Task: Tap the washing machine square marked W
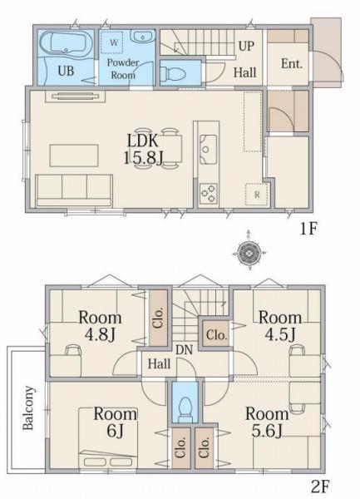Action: point(114,42)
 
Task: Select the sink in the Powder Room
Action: point(142,37)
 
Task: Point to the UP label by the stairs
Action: point(246,46)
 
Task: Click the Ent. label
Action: point(292,64)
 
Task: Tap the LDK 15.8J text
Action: point(144,149)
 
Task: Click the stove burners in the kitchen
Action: point(209,193)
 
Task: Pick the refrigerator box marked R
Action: point(257,195)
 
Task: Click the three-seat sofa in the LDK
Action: point(74,190)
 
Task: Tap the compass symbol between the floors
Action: point(249,253)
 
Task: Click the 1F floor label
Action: point(308,229)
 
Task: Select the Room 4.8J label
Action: point(100,325)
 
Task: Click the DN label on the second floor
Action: point(184,350)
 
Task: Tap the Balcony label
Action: point(28,408)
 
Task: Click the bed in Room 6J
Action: point(108,437)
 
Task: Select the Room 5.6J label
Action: point(267,422)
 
